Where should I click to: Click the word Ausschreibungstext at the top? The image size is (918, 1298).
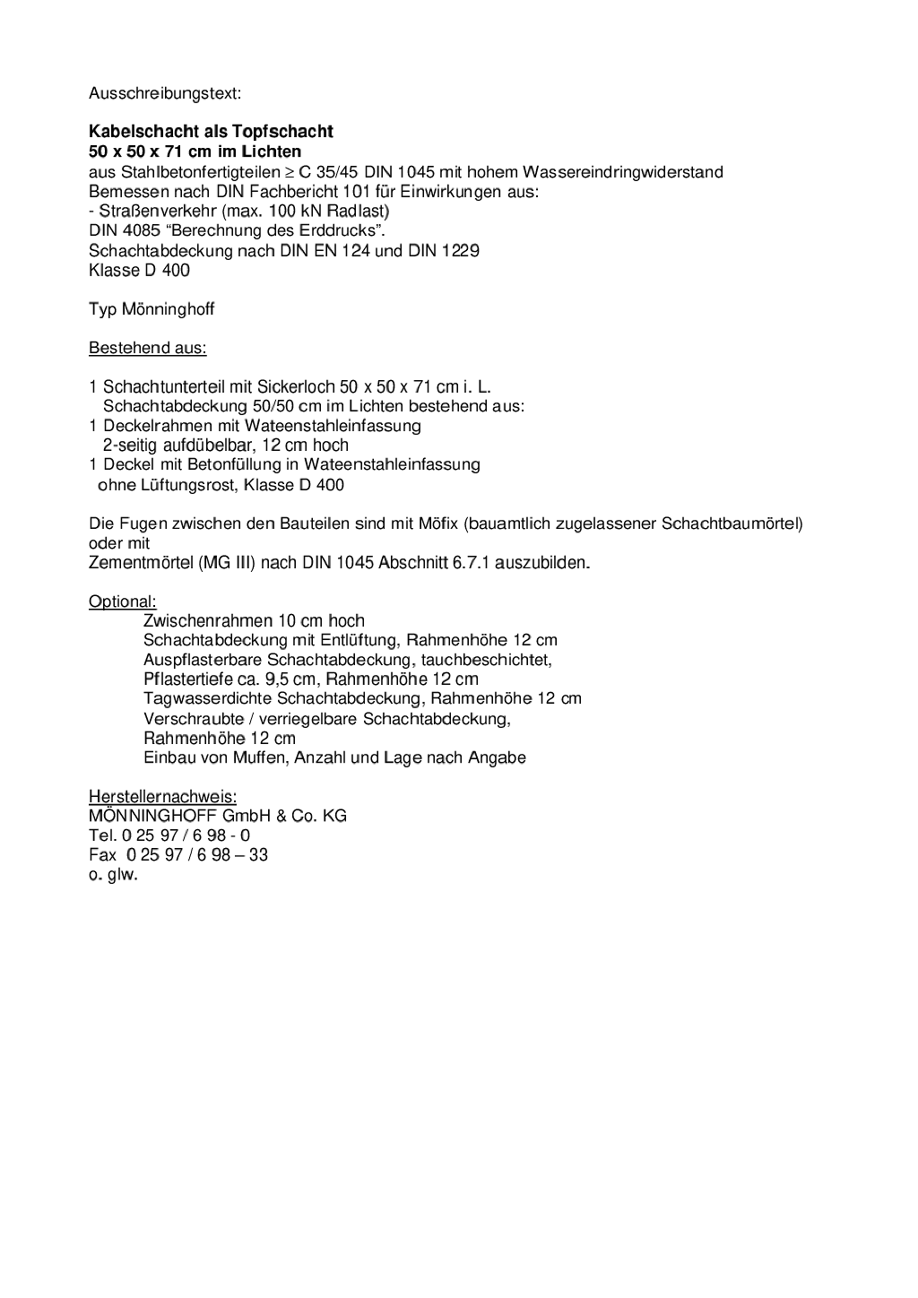(164, 93)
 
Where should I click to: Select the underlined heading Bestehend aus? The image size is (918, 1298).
(147, 348)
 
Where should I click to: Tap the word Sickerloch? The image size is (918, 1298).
(296, 387)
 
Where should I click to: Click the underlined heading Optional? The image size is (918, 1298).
(122, 601)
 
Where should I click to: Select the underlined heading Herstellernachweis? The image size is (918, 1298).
(162, 796)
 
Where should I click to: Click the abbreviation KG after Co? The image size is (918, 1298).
(334, 816)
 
